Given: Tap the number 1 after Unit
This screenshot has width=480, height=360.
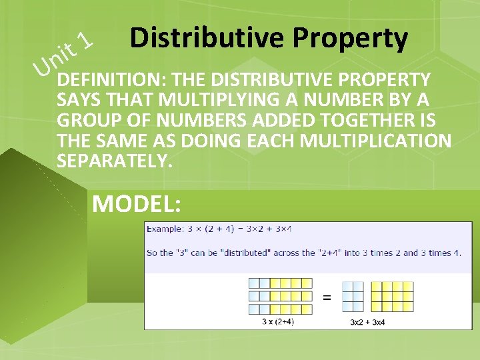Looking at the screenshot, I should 84,42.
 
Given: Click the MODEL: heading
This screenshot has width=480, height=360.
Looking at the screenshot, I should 137,203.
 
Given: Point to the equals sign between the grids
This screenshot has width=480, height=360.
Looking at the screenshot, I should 327,297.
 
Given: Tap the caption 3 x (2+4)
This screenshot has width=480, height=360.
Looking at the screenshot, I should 278,322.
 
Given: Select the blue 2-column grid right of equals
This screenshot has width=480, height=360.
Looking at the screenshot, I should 353,297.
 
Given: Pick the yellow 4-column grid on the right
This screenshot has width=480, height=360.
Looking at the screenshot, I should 391,297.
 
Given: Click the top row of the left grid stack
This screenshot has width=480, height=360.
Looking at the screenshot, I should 280,283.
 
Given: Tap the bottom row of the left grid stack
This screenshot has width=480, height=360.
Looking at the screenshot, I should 280,309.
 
